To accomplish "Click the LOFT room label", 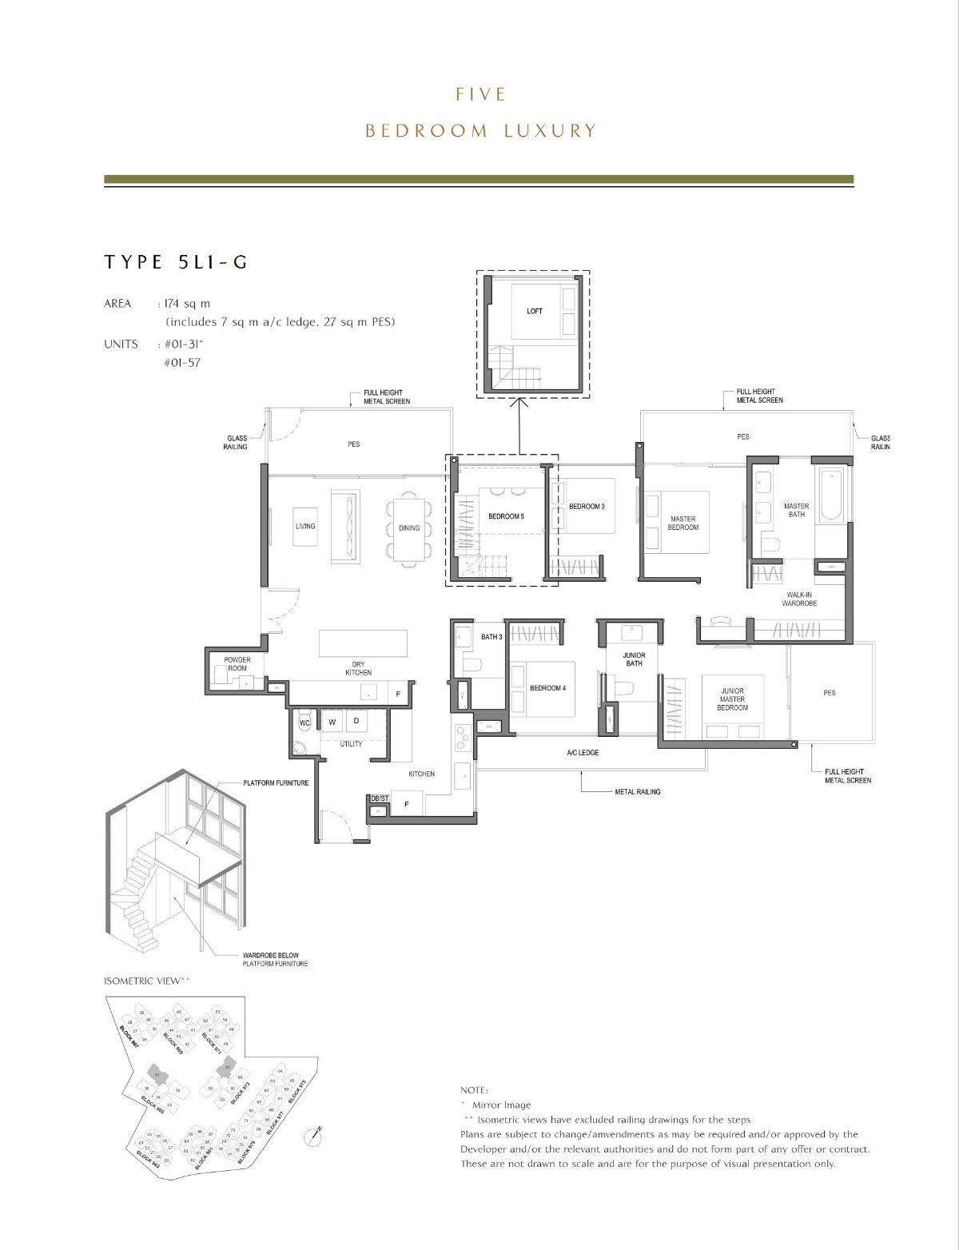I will [x=534, y=311].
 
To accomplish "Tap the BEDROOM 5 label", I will [x=506, y=517].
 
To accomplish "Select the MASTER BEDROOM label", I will [x=683, y=523].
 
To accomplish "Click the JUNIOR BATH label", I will [x=634, y=659].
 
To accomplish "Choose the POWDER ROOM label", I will [x=237, y=664].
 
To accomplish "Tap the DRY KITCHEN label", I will [x=359, y=668].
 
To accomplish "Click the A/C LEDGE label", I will [x=583, y=753].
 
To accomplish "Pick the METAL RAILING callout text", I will [x=638, y=792].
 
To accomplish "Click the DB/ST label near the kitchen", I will [x=379, y=798].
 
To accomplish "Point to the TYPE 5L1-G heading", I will [x=176, y=262].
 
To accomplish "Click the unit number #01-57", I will [x=183, y=362].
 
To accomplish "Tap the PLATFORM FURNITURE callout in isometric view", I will [x=276, y=782].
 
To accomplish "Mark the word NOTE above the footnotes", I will [x=474, y=1090].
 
